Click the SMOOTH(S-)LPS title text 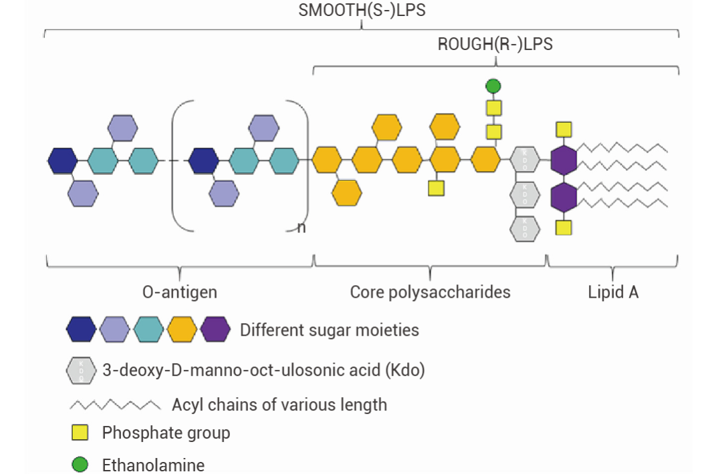click(362, 12)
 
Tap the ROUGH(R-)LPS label click(495, 45)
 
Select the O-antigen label click(180, 292)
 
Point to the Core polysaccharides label click(430, 292)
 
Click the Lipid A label click(613, 292)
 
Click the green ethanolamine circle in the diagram click(493, 85)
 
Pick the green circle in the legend click(80, 464)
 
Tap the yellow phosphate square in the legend click(80, 433)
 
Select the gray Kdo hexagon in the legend click(81, 369)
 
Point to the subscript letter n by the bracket click(301, 228)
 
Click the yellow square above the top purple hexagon click(564, 129)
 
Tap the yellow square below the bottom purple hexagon click(564, 228)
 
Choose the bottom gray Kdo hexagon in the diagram click(525, 228)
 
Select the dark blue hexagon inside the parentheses click(203, 161)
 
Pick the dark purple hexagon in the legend click(215, 329)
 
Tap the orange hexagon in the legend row click(181, 329)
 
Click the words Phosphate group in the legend click(166, 433)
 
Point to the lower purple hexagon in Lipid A click(564, 197)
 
